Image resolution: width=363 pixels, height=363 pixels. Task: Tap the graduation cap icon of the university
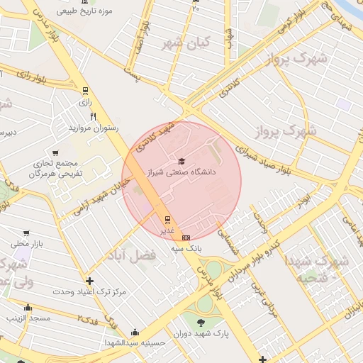(181, 162)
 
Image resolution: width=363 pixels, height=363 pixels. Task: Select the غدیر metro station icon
(167, 220)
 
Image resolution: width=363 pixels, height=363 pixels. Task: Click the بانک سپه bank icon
(186, 238)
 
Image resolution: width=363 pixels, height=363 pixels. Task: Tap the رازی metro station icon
(86, 91)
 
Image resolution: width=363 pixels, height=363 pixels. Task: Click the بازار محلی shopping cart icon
(26, 233)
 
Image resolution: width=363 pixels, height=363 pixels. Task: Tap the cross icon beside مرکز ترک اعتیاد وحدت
(89, 281)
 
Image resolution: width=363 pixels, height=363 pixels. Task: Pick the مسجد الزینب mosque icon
(28, 308)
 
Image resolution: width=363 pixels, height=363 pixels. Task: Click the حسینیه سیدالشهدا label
(135, 342)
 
